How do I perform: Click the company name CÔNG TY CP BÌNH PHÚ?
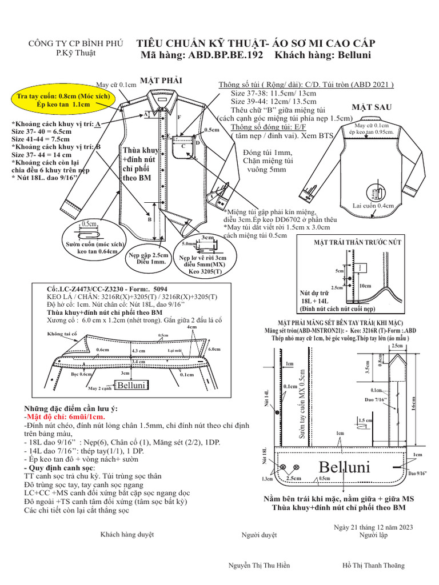(75, 43)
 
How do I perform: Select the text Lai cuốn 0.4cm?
(373, 205)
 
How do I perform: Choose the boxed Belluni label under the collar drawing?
(129, 387)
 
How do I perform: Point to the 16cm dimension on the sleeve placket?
(413, 403)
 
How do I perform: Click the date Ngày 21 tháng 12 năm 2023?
(372, 527)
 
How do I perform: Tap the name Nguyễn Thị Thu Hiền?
(259, 565)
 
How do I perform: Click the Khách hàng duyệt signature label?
(127, 535)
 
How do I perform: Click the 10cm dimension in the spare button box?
(365, 285)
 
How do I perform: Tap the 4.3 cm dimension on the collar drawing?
(138, 351)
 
